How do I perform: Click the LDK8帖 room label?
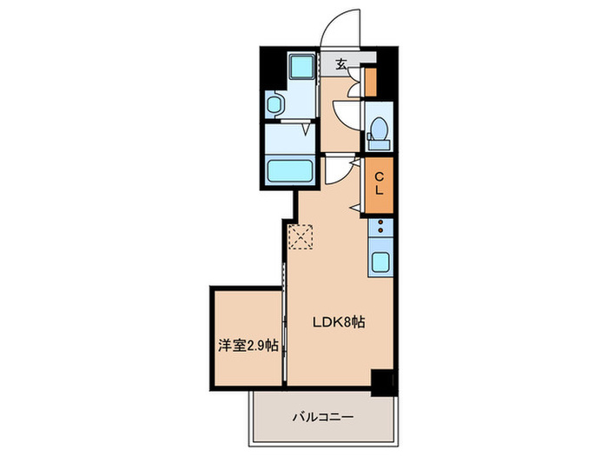(338, 321)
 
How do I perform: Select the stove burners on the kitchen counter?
(380, 228)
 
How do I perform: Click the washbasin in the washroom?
(275, 106)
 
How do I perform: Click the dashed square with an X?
(301, 236)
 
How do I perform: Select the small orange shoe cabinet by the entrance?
(370, 82)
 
